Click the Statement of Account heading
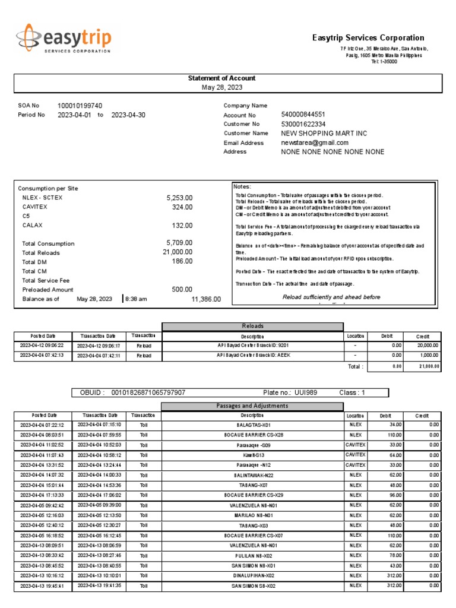pos(221,78)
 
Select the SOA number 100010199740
pos(80,105)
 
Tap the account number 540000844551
pos(303,114)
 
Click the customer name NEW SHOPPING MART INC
pos(324,133)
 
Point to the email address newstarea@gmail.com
pos(315,142)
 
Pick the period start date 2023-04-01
pos(74,115)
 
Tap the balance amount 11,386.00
pos(206,299)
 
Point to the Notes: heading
pos(243,186)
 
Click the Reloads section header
pos(252,327)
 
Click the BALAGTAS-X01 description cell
pos(252,425)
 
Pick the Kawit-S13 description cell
pos(252,455)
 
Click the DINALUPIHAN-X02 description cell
pos(252,575)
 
